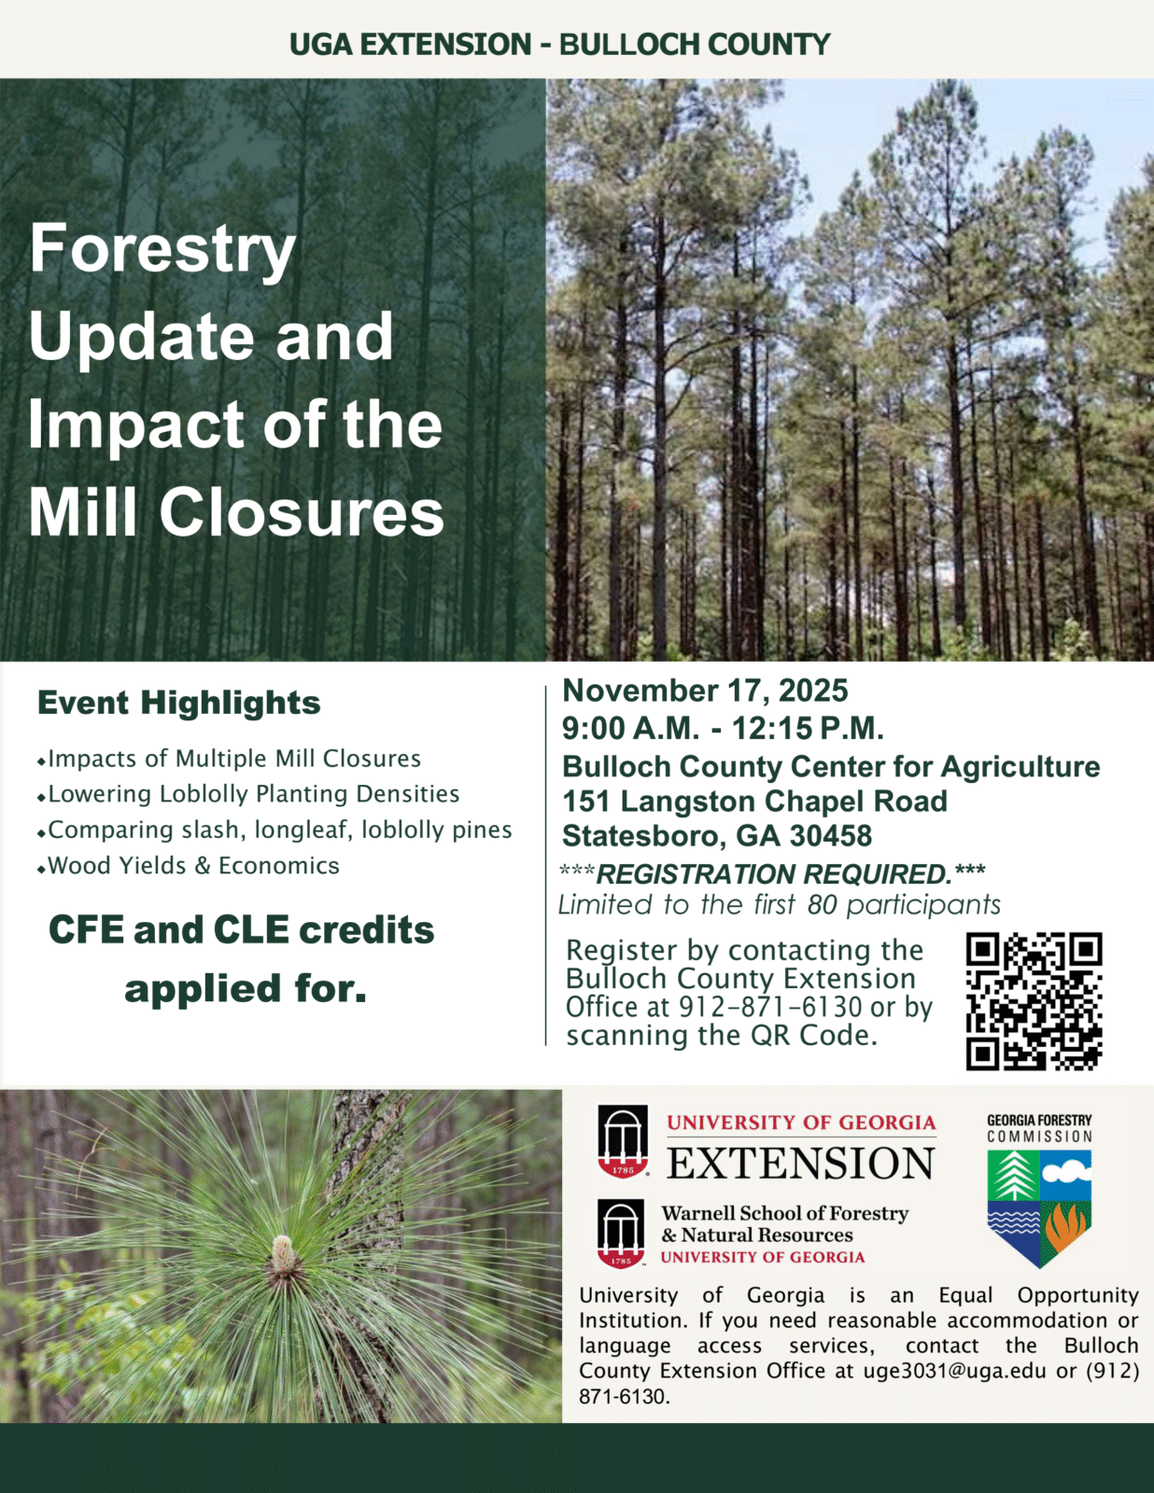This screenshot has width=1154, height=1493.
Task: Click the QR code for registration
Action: tap(1034, 1001)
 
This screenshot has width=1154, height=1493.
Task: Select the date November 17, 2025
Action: tap(705, 691)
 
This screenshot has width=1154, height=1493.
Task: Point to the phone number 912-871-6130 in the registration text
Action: tap(769, 1007)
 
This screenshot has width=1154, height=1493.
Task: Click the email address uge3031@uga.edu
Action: tap(955, 1371)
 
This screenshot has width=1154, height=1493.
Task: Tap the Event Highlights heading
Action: tap(178, 703)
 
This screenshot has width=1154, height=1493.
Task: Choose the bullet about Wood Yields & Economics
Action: tap(189, 866)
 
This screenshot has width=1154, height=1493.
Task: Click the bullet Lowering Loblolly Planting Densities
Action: tap(248, 794)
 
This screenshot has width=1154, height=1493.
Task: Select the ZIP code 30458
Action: tap(831, 836)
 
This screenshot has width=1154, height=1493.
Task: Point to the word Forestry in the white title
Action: tap(162, 249)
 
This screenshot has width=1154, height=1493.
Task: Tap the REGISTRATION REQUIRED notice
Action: tap(772, 874)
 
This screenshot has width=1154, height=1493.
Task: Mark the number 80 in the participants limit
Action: tap(822, 905)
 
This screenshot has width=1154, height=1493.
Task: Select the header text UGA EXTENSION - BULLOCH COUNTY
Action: tap(559, 44)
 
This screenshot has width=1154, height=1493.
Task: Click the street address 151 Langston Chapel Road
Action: tap(754, 802)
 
